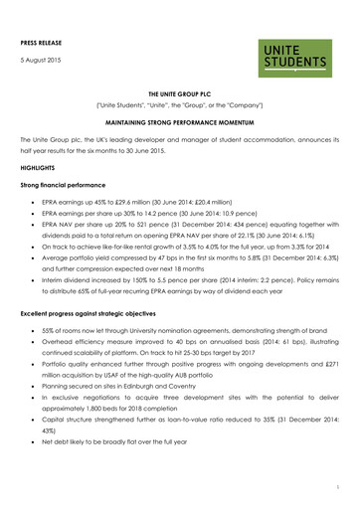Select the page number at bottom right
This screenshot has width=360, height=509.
(337, 489)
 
